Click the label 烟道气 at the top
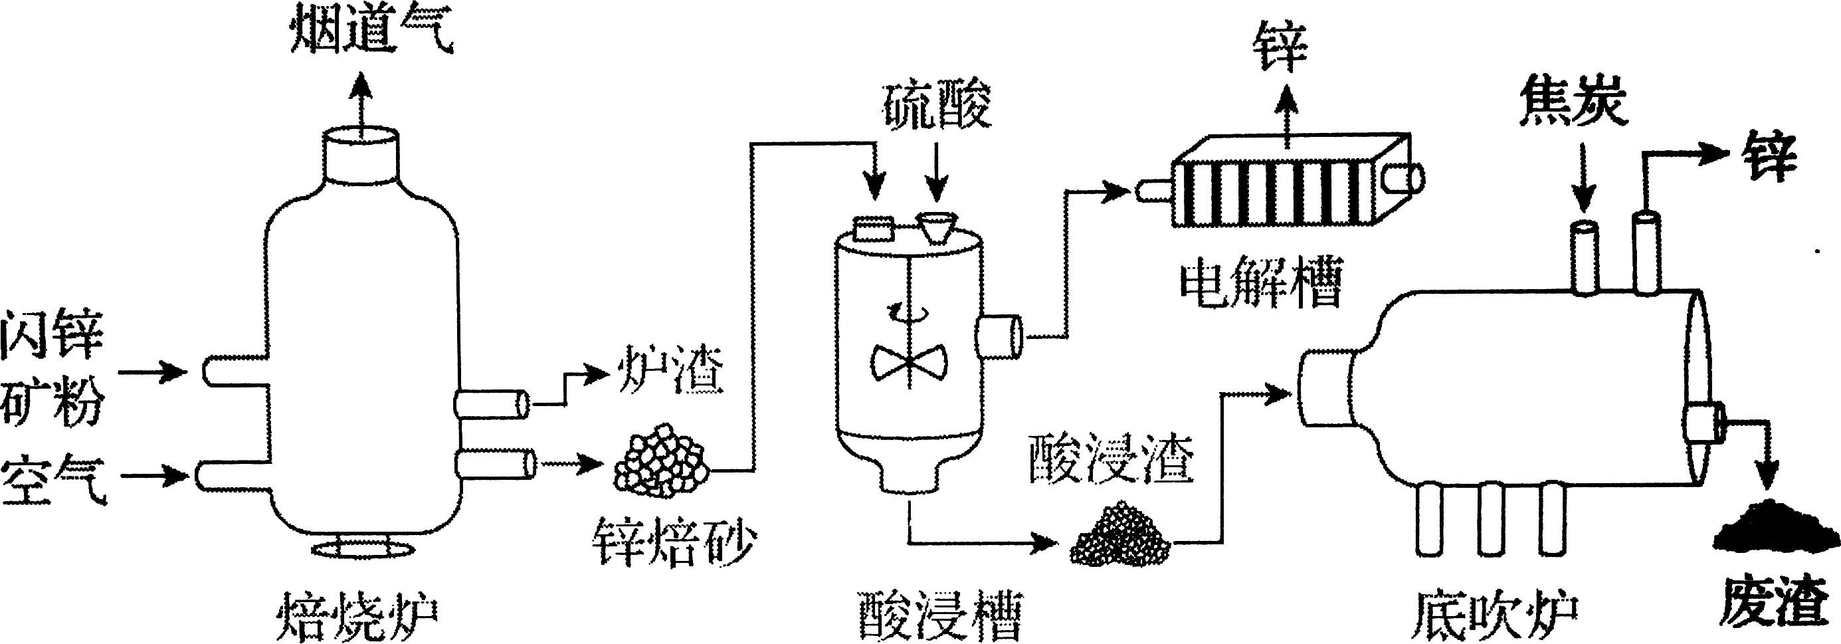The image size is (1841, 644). coord(371,32)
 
